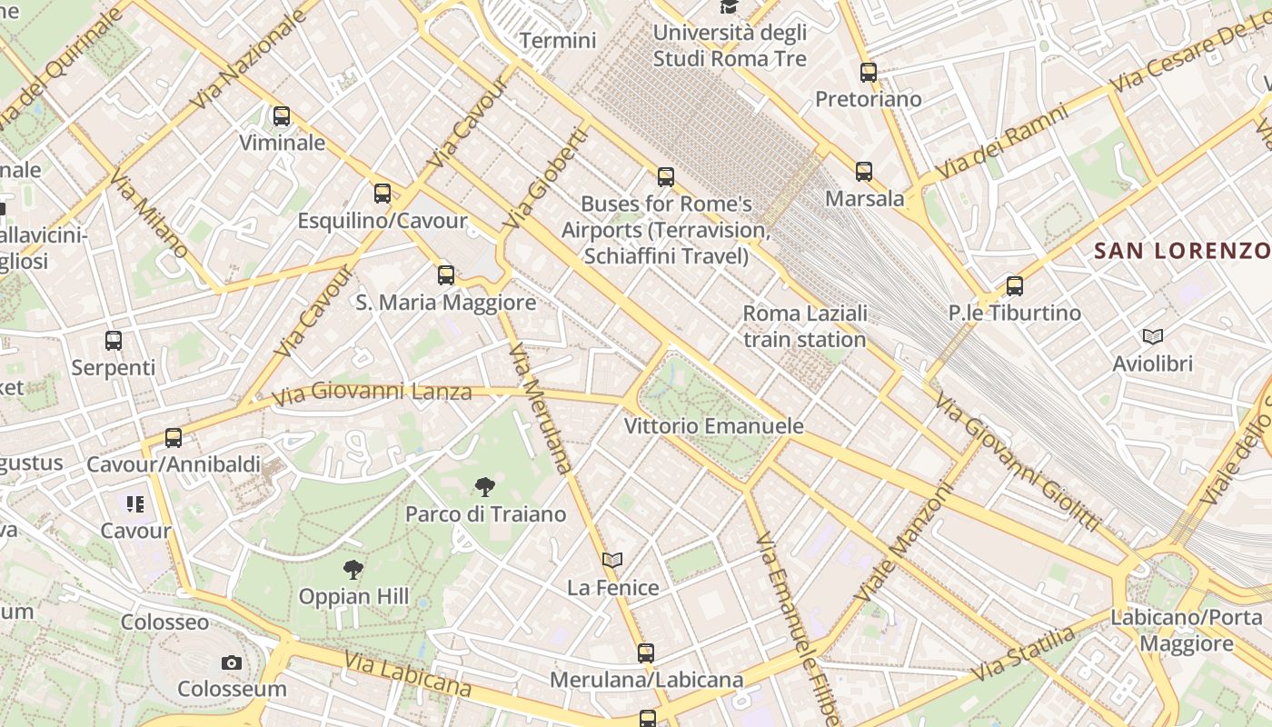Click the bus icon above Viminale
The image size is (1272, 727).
[x=282, y=116]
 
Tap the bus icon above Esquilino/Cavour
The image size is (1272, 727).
[x=383, y=194]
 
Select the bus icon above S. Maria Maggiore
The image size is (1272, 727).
[x=445, y=275]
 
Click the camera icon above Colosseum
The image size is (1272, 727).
[x=232, y=662]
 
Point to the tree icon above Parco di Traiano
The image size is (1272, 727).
[x=485, y=487]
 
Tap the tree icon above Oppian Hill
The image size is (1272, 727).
[x=353, y=570]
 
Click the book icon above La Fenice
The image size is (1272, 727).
[x=613, y=561]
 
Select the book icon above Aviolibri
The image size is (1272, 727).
[x=1153, y=337]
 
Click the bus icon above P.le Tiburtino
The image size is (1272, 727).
[x=1015, y=286]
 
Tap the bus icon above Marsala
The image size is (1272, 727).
[x=864, y=172]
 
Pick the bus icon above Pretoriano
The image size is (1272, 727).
[x=869, y=73]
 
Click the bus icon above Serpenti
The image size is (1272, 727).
[x=114, y=341]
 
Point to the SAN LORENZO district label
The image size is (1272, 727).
[x=1181, y=251]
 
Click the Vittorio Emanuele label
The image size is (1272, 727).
[x=714, y=426]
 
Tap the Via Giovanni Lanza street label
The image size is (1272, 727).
[x=373, y=393]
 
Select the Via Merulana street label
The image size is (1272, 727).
[x=542, y=409]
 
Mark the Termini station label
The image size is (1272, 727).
[x=558, y=41]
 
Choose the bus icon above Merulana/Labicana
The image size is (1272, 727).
[x=646, y=652]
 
